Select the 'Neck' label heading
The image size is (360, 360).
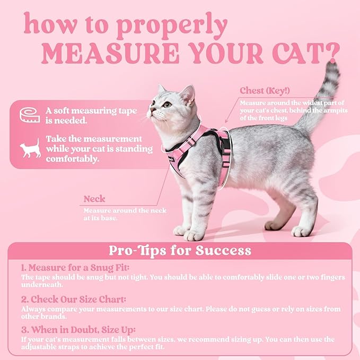(94, 199)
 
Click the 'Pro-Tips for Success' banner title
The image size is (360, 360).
(180, 250)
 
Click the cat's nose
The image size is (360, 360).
(152, 109)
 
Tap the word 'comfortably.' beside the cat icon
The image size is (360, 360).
(72, 159)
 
